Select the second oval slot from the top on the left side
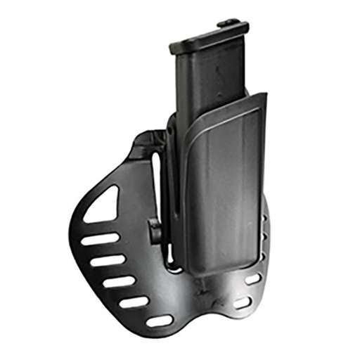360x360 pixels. coord(105,261)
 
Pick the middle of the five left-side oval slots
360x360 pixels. coord(119,281)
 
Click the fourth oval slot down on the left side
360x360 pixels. coord(135,302)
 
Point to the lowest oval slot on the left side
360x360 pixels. coord(160,320)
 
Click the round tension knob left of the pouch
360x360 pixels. coord(153,229)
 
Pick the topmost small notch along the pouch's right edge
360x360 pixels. coord(265,218)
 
